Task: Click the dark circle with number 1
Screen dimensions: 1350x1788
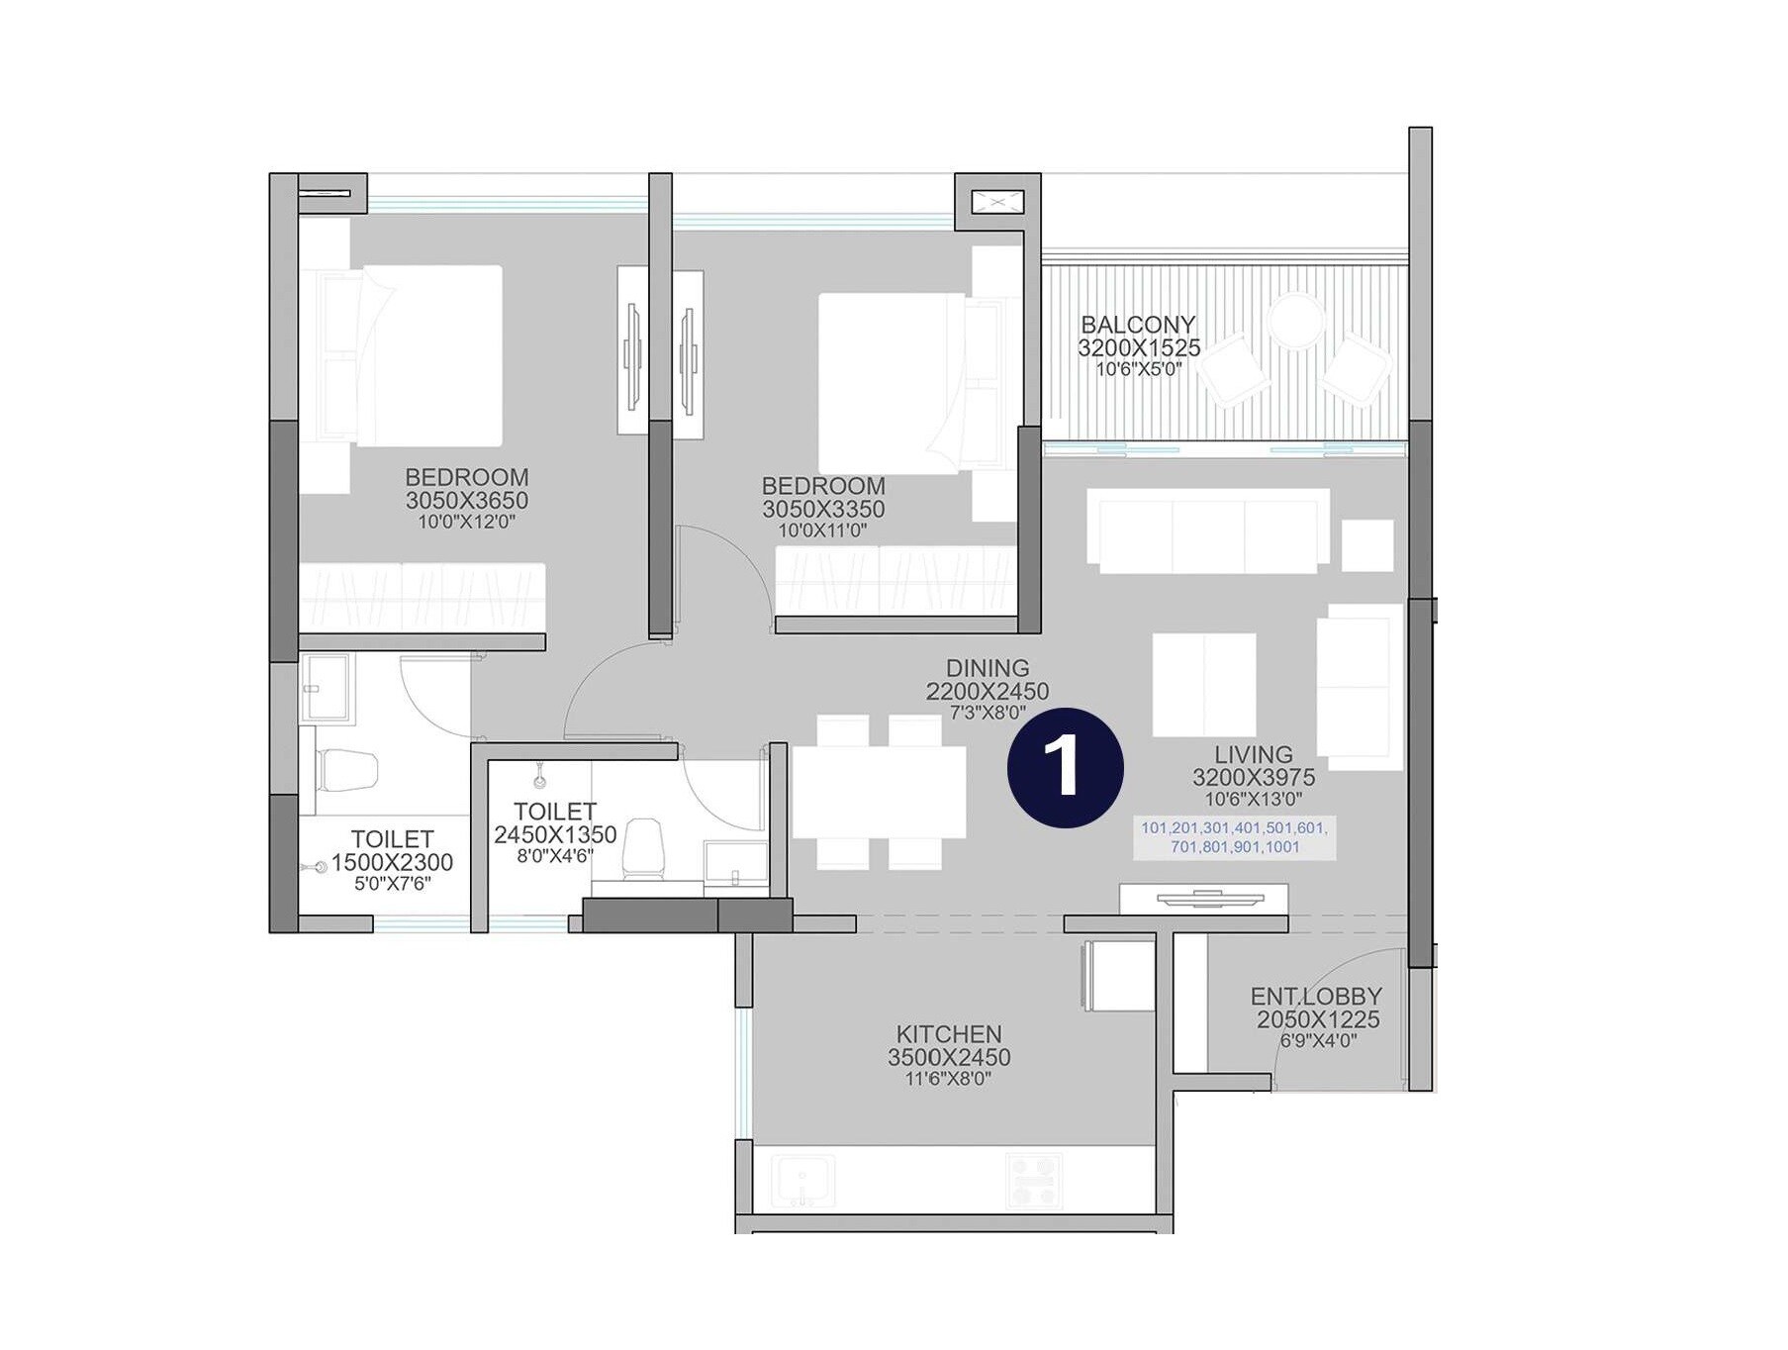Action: pos(1065,767)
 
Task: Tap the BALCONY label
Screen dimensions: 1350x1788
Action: pos(1138,325)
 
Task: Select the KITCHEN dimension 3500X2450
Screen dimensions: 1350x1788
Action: pos(948,1057)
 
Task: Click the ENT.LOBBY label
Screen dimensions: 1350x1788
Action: pos(1315,996)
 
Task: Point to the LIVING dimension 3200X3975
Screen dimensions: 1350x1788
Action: pos(1253,777)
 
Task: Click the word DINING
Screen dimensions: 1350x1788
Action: pos(987,668)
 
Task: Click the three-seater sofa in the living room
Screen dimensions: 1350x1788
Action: pos(1207,530)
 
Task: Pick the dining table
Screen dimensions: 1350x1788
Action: pos(879,792)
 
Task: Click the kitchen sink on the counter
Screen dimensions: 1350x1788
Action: pos(801,1180)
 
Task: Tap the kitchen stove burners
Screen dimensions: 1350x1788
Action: pos(1033,1180)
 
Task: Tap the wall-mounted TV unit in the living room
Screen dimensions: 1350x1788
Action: pos(1203,899)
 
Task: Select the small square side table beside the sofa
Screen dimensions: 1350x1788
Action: pos(1366,545)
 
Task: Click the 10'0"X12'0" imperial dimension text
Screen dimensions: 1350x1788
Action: pos(466,523)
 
